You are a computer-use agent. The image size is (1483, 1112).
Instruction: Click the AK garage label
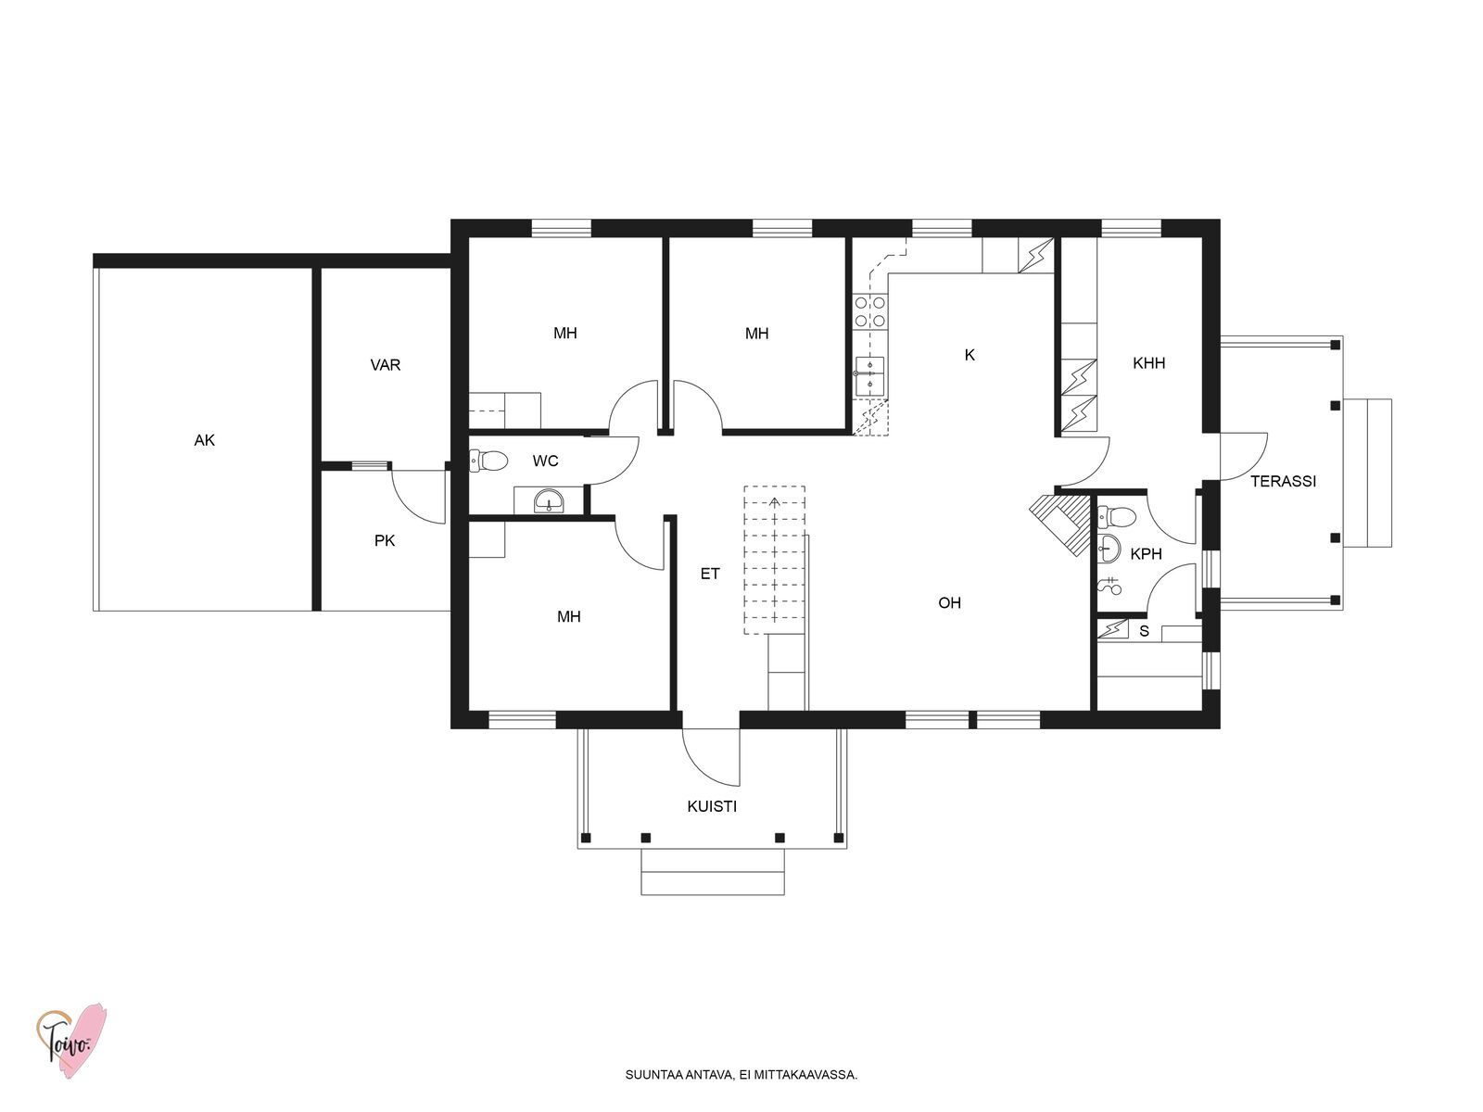click(204, 441)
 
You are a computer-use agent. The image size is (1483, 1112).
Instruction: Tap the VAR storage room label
click(385, 365)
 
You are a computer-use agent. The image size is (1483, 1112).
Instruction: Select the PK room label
click(385, 541)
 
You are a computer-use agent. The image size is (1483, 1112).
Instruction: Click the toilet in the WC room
click(488, 461)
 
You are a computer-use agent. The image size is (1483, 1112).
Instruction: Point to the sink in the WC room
click(549, 501)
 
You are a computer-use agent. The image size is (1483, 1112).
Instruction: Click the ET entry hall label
click(709, 574)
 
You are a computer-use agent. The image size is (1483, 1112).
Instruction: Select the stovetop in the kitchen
click(870, 312)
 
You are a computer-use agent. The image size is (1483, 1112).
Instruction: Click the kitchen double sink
click(869, 376)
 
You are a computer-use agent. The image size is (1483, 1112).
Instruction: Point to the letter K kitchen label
click(970, 355)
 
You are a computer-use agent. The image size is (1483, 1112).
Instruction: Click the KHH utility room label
click(1148, 363)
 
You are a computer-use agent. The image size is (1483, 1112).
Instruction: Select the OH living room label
click(949, 603)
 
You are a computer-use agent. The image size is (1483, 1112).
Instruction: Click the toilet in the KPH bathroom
click(1117, 517)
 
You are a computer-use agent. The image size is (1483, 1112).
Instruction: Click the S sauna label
click(1144, 631)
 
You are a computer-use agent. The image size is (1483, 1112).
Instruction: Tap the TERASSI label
click(1283, 481)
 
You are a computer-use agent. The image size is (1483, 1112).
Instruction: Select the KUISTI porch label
click(712, 806)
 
